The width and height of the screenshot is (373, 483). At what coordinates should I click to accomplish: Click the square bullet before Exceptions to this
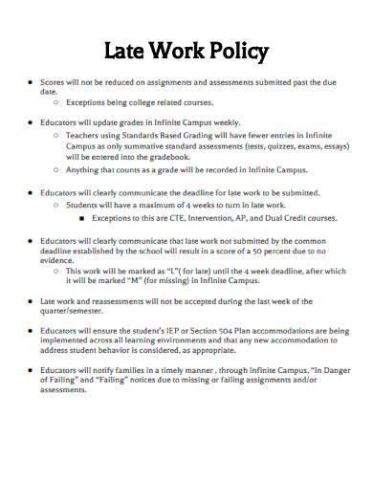click(84, 218)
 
